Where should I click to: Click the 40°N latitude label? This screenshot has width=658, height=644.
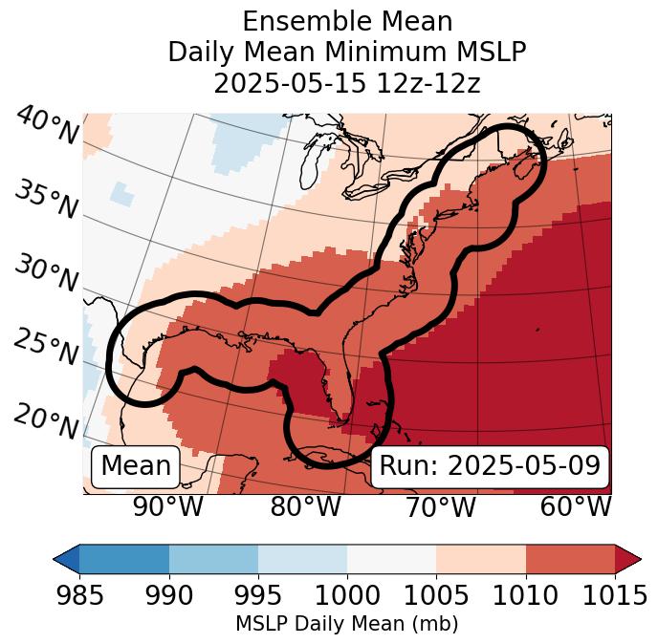click(46, 126)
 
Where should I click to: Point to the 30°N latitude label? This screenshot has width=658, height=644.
click(46, 273)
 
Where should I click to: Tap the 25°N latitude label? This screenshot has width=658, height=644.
click(46, 348)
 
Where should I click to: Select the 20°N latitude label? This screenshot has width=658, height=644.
click(46, 420)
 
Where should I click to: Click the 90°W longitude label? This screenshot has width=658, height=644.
click(168, 506)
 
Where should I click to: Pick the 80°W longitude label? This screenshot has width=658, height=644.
click(305, 506)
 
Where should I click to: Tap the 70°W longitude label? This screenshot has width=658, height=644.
click(439, 506)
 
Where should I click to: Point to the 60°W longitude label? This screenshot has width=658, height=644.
click(575, 506)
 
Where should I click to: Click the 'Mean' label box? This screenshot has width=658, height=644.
click(136, 466)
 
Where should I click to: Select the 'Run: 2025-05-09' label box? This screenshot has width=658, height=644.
click(490, 466)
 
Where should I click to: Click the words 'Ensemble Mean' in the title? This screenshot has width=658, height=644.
click(347, 21)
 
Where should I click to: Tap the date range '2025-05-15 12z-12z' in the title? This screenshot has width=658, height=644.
click(347, 83)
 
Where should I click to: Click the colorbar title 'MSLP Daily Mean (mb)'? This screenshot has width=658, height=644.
click(347, 624)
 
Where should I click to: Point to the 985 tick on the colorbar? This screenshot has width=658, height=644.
click(79, 595)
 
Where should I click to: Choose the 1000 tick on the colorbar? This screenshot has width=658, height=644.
click(347, 595)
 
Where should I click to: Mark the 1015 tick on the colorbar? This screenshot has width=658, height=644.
click(614, 595)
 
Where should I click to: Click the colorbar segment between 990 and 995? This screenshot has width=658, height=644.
click(213, 558)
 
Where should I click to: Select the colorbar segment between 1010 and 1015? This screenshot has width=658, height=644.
click(570, 558)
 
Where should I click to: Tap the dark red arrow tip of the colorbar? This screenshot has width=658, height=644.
click(628, 558)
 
